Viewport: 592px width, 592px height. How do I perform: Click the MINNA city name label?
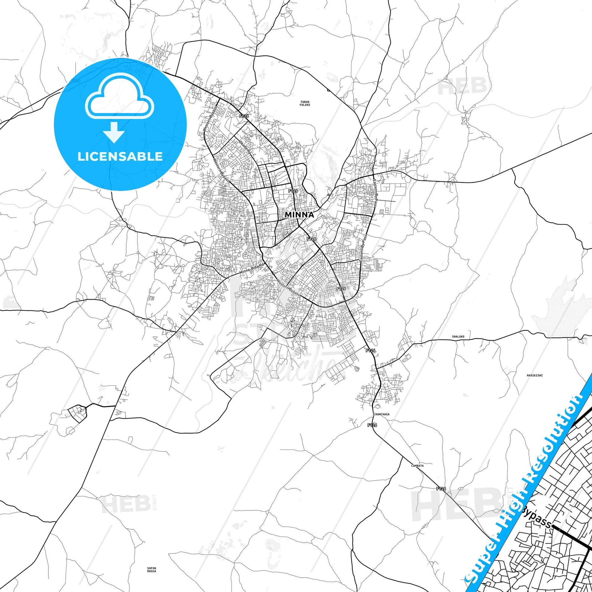point(299,214)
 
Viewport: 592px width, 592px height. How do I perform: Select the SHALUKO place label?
point(458,336)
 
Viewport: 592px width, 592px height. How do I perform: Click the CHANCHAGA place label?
point(381,414)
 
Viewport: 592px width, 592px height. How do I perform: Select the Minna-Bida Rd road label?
point(252,270)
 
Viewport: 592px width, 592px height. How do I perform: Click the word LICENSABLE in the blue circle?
point(120,156)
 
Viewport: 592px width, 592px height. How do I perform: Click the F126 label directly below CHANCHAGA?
point(373,425)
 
